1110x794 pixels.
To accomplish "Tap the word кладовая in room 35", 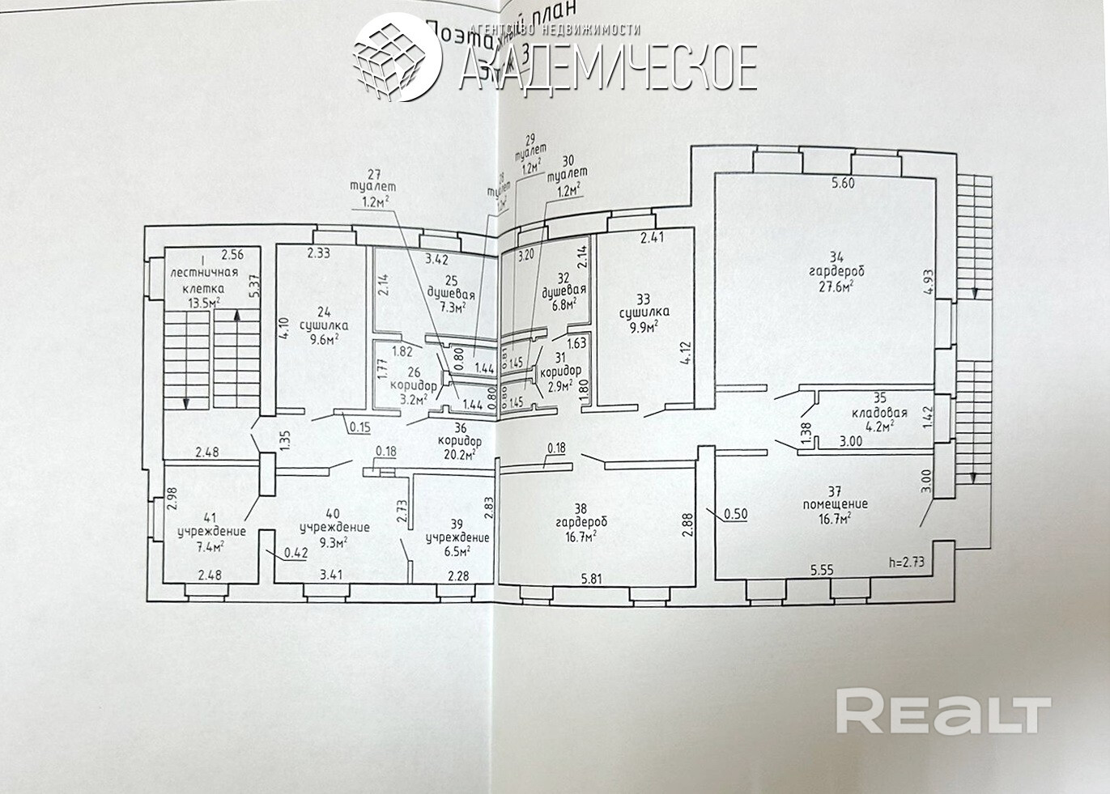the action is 879,412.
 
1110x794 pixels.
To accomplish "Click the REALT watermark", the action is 942,711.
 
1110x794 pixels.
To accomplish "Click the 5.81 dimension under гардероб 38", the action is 593,580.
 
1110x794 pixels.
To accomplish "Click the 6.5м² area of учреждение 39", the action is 457,550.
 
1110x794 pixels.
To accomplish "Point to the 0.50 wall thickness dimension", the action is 734,513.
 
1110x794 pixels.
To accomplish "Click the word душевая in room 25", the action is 451,294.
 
